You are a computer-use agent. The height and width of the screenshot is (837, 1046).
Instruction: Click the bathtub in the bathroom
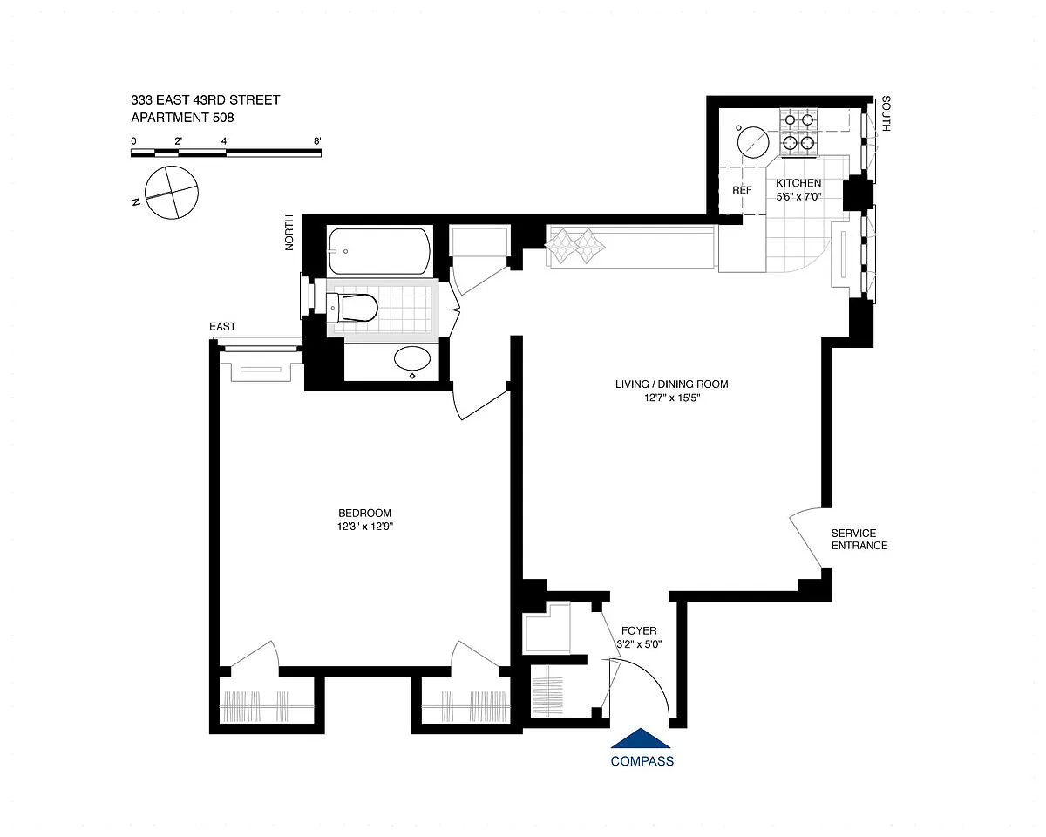point(380,252)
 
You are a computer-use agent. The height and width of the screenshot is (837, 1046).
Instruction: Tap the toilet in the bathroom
point(352,308)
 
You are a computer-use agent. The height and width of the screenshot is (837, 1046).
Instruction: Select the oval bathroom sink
point(411,359)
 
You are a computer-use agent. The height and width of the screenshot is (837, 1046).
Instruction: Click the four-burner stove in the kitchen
point(798,133)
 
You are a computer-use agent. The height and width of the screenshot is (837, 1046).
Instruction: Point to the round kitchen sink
point(753,142)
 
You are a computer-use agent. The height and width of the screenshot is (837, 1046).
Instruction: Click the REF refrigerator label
point(742,190)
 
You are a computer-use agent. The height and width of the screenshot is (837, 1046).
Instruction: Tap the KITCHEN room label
point(798,183)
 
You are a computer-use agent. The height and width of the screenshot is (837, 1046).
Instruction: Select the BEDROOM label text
point(364,513)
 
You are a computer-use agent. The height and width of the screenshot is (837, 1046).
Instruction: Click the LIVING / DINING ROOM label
point(672,384)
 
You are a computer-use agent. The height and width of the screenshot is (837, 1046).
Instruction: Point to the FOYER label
point(639,630)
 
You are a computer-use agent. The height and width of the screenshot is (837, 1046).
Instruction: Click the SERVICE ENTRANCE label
point(859,540)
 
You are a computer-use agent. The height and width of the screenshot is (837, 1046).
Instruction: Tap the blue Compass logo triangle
point(641,738)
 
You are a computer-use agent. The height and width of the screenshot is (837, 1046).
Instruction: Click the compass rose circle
point(172,192)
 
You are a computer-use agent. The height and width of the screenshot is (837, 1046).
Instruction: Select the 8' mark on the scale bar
point(317,141)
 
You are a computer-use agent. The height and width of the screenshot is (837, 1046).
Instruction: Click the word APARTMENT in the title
point(166,118)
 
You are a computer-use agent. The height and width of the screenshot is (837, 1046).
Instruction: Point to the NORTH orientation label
point(289,233)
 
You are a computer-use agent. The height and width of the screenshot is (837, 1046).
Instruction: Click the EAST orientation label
point(222,327)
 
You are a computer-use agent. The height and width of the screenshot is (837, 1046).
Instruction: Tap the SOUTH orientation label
point(886,114)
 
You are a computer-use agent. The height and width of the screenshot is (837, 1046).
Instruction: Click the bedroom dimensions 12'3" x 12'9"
point(364,527)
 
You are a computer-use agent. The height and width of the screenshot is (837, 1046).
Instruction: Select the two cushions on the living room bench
point(575,246)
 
